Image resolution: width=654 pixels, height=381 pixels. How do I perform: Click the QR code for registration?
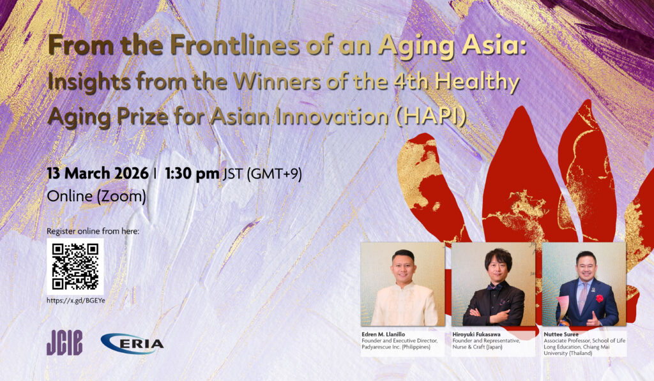[75, 267]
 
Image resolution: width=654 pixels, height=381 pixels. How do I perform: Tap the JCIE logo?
[65, 343]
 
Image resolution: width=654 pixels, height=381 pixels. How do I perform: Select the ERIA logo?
[132, 343]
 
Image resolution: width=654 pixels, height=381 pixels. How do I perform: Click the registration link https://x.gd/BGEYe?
[76, 301]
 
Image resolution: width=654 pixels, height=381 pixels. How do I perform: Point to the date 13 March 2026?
[98, 174]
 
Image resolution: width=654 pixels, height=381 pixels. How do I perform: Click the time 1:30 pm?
[192, 174]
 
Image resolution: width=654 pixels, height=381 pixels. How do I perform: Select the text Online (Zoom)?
[96, 197]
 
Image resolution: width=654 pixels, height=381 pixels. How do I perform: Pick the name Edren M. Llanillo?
[383, 334]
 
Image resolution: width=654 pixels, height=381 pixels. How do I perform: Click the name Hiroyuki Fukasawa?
[476, 334]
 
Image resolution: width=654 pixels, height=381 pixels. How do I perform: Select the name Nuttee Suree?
[561, 334]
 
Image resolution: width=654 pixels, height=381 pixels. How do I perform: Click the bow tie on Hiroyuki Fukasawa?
[495, 287]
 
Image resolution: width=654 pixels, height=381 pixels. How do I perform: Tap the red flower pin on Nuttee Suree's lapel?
[600, 299]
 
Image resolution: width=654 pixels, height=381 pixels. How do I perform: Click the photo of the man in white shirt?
[403, 284]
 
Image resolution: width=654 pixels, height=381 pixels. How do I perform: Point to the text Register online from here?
[93, 231]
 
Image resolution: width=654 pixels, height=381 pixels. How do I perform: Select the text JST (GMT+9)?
[262, 174]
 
